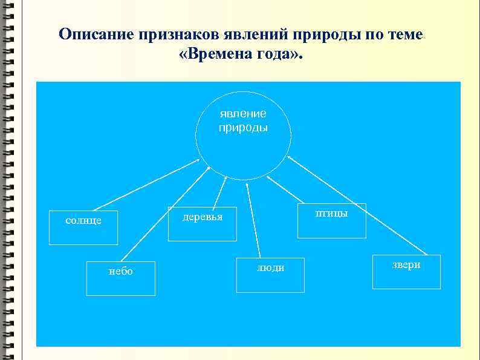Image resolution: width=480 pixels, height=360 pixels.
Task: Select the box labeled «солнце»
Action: [x=83, y=227]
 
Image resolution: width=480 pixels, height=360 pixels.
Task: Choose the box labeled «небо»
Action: [x=121, y=278]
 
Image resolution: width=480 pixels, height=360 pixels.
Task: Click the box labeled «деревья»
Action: [x=202, y=223]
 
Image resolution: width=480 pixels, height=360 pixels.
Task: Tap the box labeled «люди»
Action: [x=270, y=275]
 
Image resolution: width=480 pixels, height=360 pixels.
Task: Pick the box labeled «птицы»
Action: [x=332, y=220]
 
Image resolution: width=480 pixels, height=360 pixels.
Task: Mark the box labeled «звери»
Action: [x=406, y=272]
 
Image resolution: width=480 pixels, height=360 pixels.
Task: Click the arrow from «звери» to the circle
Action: [x=357, y=205]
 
